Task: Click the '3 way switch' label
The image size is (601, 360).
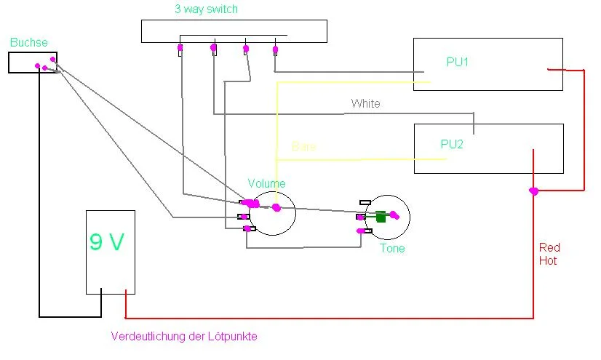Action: pos(206,9)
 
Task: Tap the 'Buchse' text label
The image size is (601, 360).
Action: pos(29,43)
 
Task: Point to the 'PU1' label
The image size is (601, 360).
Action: pos(457,63)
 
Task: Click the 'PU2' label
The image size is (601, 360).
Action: pos(452,144)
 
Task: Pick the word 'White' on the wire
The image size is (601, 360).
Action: pos(365,104)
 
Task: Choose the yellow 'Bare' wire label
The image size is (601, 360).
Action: pos(303,146)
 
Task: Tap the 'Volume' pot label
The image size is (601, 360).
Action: pos(266,183)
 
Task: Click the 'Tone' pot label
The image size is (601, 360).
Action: pos(392,249)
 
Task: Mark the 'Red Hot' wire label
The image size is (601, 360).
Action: pos(548,254)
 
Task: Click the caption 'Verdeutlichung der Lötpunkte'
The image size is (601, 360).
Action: pos(184,337)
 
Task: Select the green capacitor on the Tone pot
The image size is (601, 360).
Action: pos(381,216)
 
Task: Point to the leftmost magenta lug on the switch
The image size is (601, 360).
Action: pos(180,49)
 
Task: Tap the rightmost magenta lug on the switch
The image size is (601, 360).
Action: pos(275,50)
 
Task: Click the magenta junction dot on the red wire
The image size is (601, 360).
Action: pos(533,191)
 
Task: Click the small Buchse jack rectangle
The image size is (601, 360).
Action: pos(33,63)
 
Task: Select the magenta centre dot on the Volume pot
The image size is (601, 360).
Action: pos(276,208)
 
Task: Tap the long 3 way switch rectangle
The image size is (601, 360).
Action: pos(233,31)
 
